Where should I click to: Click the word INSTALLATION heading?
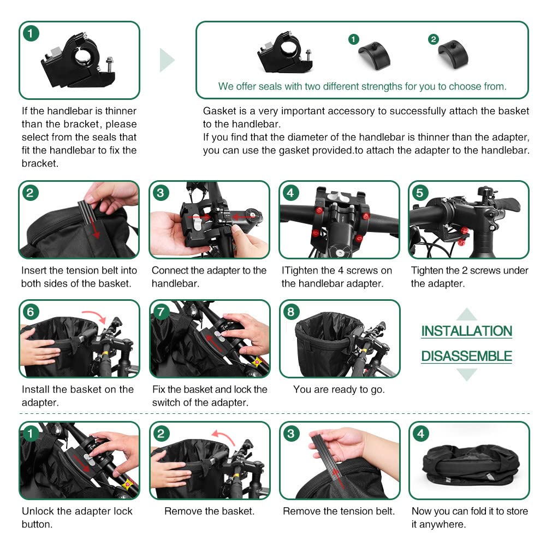click(467, 331)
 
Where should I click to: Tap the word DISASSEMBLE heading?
click(467, 356)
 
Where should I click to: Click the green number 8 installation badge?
click(291, 312)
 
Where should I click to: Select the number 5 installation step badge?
click(420, 193)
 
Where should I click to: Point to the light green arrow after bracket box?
click(167, 60)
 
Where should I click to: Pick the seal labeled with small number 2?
click(453, 55)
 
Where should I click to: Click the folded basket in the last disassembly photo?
click(471, 464)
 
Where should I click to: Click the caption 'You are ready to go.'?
click(339, 389)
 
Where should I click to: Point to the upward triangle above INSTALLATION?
click(467, 314)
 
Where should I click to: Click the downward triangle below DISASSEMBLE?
click(467, 375)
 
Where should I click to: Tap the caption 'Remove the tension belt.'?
click(339, 511)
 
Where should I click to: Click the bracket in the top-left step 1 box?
click(79, 62)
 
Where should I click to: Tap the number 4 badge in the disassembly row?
click(420, 434)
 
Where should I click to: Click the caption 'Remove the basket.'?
click(210, 511)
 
